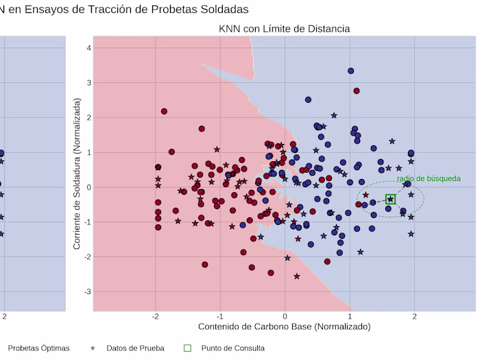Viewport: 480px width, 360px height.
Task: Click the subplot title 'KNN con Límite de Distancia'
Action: coord(284,29)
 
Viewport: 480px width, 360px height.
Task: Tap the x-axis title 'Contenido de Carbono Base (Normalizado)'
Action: coord(284,327)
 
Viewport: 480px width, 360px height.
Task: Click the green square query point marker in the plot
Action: coord(390,200)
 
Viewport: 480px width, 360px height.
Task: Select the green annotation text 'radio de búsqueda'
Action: coord(429,179)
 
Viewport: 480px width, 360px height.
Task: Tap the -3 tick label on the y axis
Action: coord(86,292)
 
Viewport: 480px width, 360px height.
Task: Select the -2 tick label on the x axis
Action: coord(156,317)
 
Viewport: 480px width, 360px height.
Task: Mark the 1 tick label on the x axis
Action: coord(350,317)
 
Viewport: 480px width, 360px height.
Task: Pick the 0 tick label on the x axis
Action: coord(285,317)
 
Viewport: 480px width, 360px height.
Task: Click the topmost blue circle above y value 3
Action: coord(350,71)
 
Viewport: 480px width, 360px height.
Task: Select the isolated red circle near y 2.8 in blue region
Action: coord(357,91)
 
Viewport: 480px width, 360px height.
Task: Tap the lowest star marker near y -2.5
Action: coord(297,276)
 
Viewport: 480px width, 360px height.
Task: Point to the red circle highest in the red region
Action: coord(165,111)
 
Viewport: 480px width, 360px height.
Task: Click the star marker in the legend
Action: coord(93,348)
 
